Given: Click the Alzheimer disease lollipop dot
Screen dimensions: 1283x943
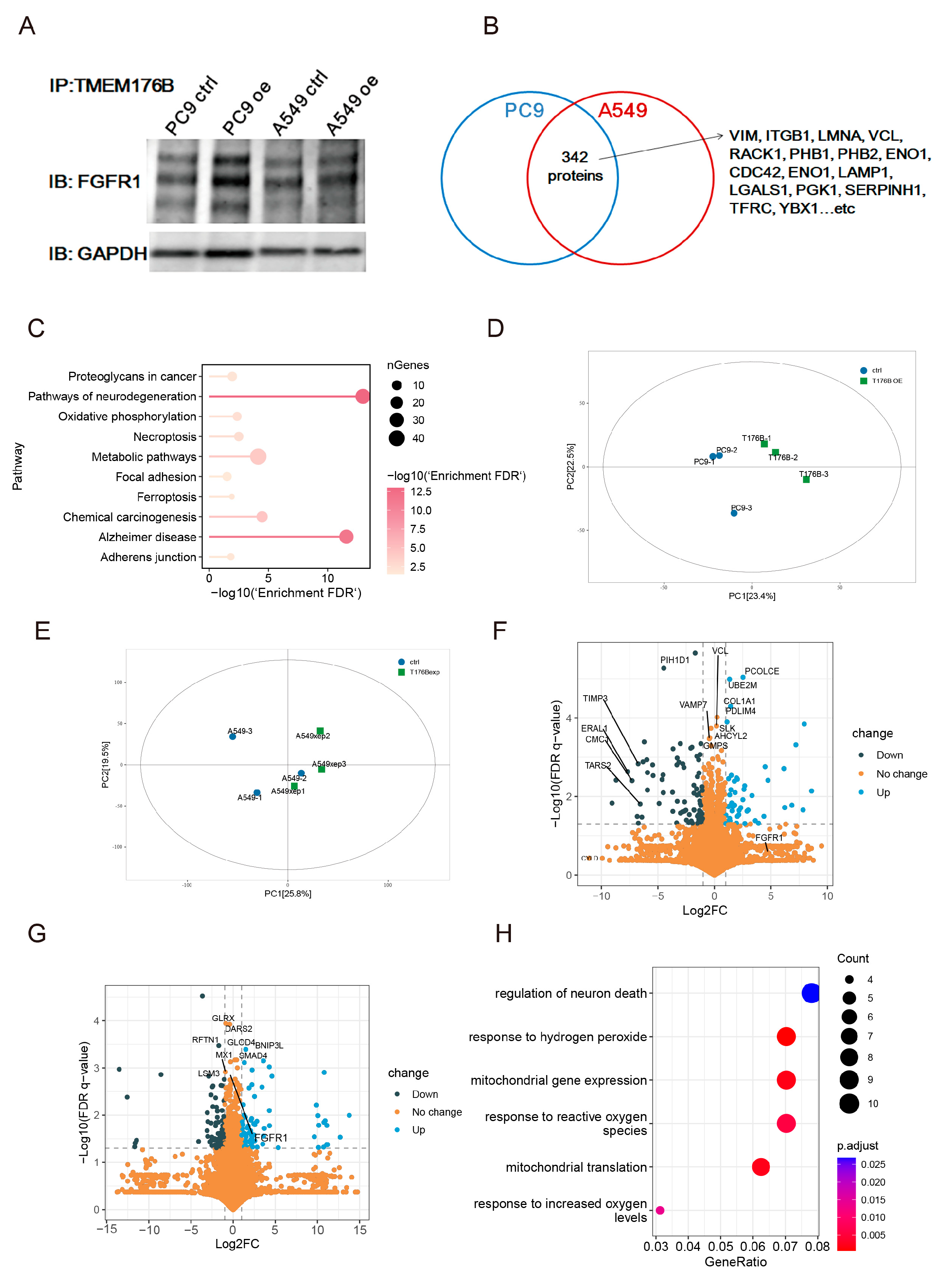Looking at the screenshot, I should click(x=346, y=536).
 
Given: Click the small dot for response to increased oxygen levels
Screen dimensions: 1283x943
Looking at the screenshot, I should click(x=660, y=1210).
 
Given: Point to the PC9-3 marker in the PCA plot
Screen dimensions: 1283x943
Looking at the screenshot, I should click(x=734, y=513).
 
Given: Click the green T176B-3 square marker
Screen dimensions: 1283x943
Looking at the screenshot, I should click(x=806, y=480).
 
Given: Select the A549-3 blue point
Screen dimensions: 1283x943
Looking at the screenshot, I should click(x=232, y=736).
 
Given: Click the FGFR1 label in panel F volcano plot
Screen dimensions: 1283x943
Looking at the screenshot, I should click(x=769, y=837).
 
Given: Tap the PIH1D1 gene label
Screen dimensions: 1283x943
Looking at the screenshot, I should click(x=675, y=660).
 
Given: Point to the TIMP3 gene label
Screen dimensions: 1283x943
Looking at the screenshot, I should click(x=595, y=698).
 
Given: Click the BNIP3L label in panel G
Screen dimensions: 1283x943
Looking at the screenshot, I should click(x=269, y=1045).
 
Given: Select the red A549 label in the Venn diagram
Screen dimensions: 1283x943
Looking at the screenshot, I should click(x=622, y=110).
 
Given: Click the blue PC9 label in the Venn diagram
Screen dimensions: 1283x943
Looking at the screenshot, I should click(x=524, y=110).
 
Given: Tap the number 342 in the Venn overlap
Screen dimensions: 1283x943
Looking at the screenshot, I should click(x=574, y=157).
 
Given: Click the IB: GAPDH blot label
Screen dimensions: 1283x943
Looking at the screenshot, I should click(x=98, y=254).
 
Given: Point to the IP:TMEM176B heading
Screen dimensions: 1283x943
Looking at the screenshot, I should click(x=111, y=86).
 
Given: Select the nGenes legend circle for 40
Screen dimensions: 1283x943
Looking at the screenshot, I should click(x=397, y=438).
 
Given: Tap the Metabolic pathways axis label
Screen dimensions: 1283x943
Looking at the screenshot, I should click(x=144, y=456).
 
